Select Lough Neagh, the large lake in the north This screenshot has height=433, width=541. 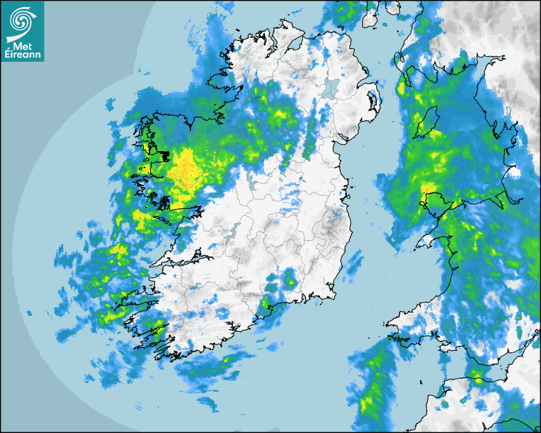(331, 87)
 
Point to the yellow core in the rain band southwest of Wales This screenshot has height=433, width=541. (368, 402)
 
